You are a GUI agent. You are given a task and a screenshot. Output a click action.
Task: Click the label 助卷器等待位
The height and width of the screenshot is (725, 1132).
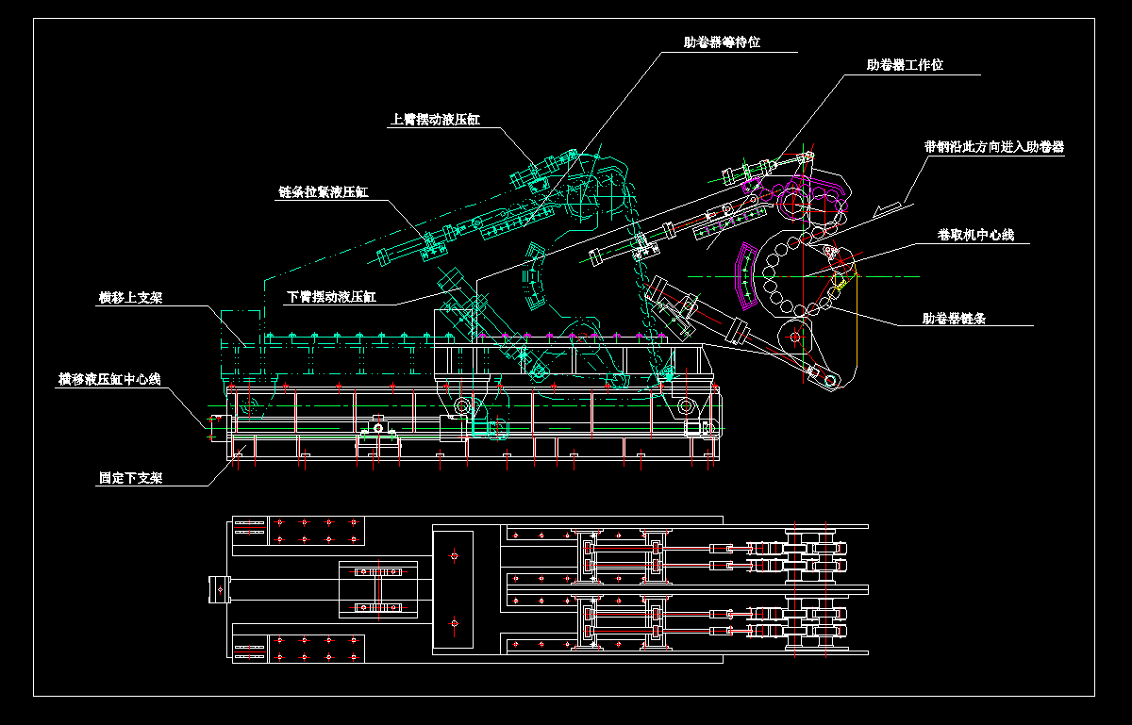click(x=722, y=42)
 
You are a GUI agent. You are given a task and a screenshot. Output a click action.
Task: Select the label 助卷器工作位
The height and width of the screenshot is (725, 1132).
click(x=905, y=65)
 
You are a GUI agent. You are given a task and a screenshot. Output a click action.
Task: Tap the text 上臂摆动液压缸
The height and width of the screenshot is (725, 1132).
click(x=435, y=120)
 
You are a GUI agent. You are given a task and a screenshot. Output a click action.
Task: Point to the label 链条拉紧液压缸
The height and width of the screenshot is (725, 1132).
click(x=323, y=192)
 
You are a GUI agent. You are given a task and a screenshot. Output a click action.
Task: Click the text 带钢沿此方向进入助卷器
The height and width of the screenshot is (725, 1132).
click(x=994, y=147)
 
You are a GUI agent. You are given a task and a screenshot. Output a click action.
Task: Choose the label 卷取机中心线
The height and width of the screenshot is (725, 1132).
click(x=975, y=235)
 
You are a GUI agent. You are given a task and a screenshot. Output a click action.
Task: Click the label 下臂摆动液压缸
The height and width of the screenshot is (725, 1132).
click(x=332, y=297)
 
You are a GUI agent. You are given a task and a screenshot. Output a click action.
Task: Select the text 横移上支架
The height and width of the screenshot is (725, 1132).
click(x=130, y=298)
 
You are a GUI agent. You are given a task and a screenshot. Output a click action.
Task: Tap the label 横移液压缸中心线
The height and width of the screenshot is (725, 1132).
click(x=109, y=379)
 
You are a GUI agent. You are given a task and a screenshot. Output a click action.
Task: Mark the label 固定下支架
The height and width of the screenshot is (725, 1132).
click(x=130, y=478)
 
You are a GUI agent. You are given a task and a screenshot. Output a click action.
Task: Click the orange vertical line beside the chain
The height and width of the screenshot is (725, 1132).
click(x=857, y=321)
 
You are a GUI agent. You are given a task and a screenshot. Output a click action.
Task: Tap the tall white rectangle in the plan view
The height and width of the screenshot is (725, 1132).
click(x=453, y=589)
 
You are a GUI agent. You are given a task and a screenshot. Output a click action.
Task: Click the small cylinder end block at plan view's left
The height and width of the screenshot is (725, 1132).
click(x=219, y=588)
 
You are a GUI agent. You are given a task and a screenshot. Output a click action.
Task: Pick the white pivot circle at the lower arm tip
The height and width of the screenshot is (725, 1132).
click(x=830, y=380)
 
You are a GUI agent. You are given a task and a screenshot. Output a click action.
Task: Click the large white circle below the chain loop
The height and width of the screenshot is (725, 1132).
click(x=794, y=336)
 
